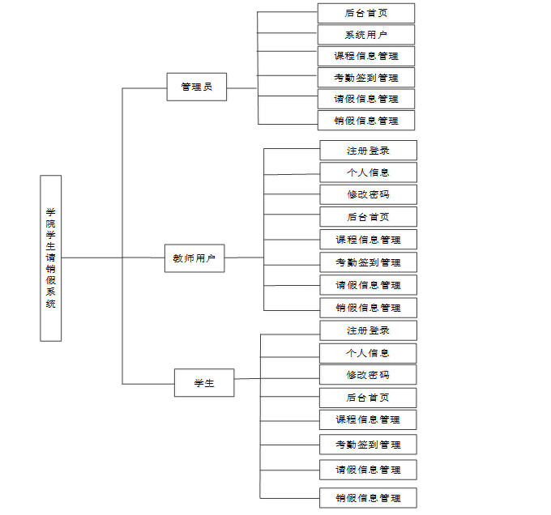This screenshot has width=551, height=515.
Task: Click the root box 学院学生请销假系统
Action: [x=50, y=258]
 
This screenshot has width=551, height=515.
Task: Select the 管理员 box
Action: [x=196, y=87]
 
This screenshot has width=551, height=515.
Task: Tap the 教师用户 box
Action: [x=194, y=258]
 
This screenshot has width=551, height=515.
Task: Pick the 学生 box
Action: [x=204, y=383]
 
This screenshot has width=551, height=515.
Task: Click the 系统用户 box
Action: [x=366, y=35]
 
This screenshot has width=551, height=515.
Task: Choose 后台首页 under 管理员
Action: [x=366, y=13]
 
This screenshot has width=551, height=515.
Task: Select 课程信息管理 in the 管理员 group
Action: [x=366, y=56]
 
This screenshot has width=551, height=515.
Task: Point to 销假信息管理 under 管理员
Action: [x=366, y=121]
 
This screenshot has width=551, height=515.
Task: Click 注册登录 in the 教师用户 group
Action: [x=368, y=151]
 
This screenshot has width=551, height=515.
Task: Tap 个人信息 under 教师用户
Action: [x=368, y=172]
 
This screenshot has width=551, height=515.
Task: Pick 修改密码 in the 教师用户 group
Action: [x=368, y=194]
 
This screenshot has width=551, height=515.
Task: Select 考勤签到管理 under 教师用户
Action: [x=368, y=262]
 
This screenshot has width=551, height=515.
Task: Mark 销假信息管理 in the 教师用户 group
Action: [x=368, y=308]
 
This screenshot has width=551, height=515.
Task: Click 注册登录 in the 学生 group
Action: [x=368, y=330]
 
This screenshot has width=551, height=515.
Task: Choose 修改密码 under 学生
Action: [x=368, y=375]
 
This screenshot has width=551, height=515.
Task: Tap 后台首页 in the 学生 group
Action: [x=368, y=398]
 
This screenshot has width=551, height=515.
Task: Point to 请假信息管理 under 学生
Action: [x=368, y=470]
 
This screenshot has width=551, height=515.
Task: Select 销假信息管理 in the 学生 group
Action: [x=368, y=498]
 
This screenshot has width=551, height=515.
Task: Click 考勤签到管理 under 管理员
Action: [x=366, y=78]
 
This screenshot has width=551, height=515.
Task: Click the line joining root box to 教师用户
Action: [x=113, y=257]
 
